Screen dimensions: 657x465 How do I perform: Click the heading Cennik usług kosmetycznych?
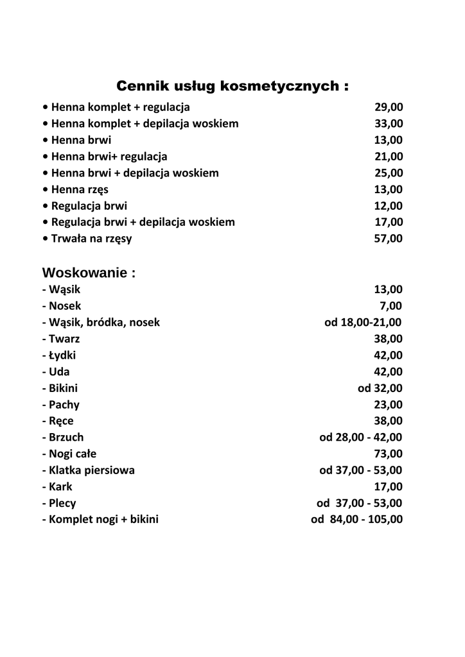(232, 86)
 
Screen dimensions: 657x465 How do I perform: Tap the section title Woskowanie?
(89, 273)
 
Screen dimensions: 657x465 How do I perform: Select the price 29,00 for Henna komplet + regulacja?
(389, 107)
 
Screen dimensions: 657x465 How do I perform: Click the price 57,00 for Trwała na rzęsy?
(389, 239)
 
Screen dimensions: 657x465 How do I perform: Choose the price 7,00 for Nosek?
(391, 306)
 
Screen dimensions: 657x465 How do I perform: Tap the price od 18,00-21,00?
(364, 322)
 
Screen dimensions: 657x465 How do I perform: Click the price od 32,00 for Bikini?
(380, 388)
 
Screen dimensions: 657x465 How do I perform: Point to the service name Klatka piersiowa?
(88, 470)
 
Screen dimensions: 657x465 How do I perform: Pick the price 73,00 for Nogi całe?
(389, 454)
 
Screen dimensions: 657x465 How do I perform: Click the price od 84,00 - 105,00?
(357, 520)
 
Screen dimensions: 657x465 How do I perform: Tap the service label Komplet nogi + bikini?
(100, 520)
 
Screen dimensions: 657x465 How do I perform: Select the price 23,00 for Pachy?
(389, 405)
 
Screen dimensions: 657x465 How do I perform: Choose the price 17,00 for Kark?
(389, 486)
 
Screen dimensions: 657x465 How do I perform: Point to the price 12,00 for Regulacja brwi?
(389, 206)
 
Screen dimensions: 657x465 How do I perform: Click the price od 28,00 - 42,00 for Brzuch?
(361, 438)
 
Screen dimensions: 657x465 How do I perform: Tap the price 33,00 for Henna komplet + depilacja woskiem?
(389, 123)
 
